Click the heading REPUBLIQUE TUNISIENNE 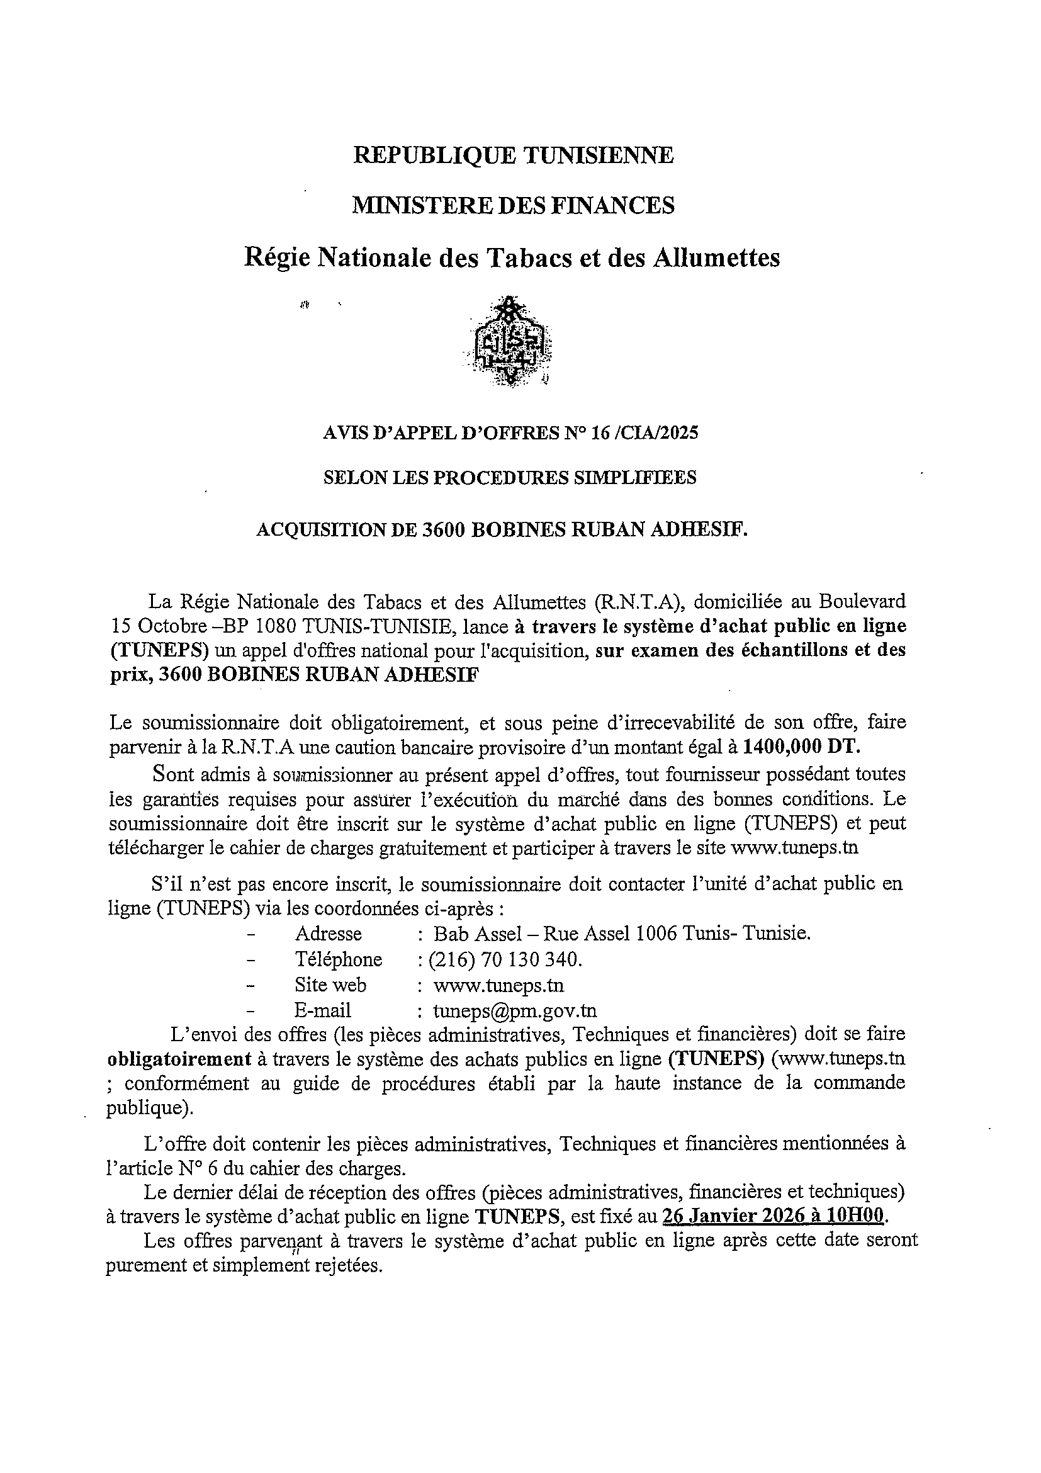click(x=513, y=155)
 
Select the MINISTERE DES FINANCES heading click(x=513, y=206)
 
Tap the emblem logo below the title click(x=512, y=342)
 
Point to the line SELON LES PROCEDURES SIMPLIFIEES click(x=510, y=478)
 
